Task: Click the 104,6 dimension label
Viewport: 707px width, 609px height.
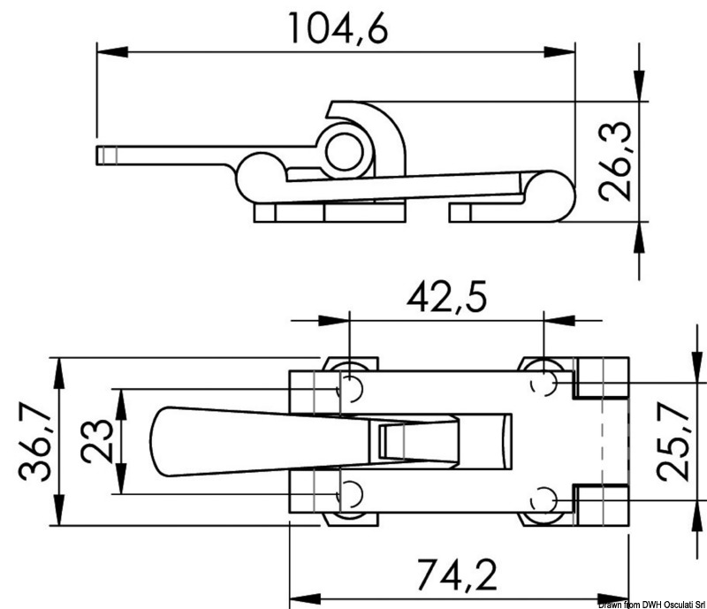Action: pos(338,28)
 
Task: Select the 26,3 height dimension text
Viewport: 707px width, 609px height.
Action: pos(615,161)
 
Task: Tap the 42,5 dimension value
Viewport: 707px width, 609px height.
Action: pos(446,297)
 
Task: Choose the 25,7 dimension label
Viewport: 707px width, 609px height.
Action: pos(673,441)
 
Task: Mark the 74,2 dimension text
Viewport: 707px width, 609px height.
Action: pos(456,575)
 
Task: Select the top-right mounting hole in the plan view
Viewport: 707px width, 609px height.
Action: pos(544,384)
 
